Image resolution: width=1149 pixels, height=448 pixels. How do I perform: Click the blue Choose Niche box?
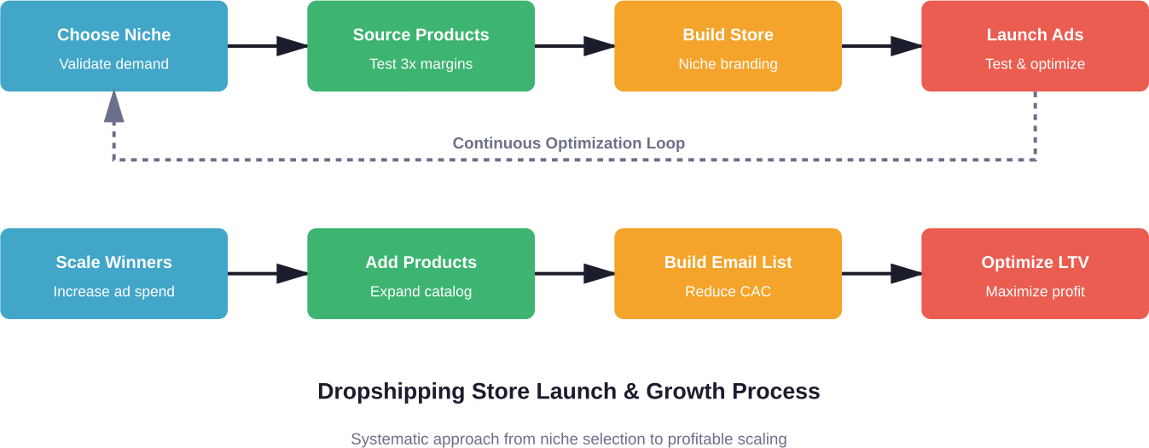point(113,46)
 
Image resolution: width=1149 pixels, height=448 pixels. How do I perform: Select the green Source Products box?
point(421,46)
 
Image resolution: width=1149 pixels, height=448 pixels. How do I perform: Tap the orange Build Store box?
point(728,46)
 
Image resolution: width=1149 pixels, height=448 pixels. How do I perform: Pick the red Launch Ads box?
point(1035,46)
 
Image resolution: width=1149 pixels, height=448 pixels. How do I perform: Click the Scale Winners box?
point(113,273)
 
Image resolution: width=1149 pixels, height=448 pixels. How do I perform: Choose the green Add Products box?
point(421,273)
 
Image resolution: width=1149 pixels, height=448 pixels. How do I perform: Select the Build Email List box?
point(728,273)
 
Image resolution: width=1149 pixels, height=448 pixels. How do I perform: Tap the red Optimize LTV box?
point(1035,273)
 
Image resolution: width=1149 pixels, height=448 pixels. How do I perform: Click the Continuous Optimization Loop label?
point(568,143)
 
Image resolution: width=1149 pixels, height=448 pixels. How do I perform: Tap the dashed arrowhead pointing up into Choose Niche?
point(113,107)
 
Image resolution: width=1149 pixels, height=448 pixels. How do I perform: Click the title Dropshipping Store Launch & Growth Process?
point(568,392)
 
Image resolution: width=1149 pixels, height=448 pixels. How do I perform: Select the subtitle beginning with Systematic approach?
point(568,439)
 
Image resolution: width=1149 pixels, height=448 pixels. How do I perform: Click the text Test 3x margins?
point(421,64)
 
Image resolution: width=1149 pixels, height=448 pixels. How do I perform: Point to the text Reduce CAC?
point(728,292)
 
